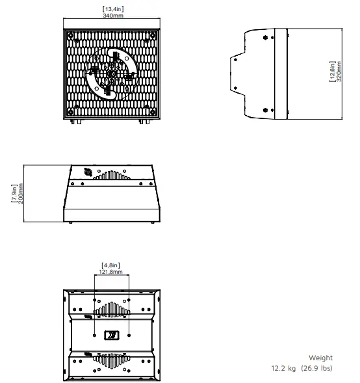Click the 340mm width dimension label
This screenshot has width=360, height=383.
(112, 16)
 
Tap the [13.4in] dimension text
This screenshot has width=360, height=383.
(112, 8)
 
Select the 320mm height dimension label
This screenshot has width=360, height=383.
(339, 74)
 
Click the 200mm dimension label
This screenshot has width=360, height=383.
(21, 194)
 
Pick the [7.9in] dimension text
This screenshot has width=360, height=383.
(14, 194)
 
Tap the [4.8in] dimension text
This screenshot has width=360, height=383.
(112, 265)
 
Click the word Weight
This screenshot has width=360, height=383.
(320, 358)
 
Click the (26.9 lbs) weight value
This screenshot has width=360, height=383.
(316, 368)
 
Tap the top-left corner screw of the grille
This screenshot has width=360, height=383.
(77, 40)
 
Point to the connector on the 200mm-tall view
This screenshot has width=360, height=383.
(87, 173)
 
